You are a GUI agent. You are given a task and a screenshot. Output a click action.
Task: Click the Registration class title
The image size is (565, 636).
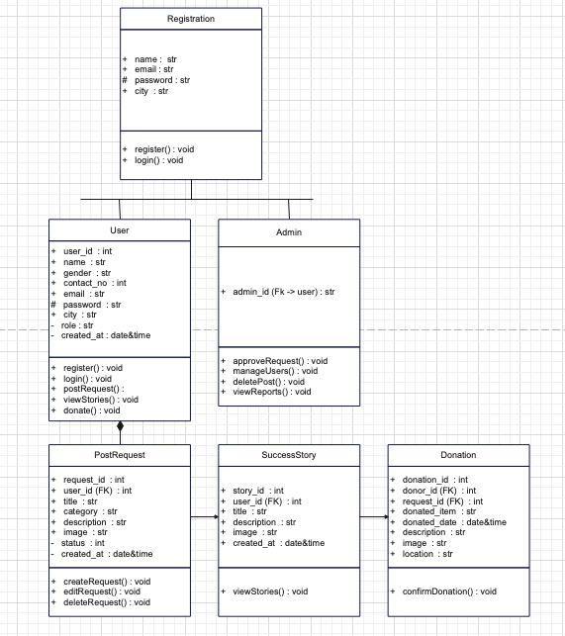pyautogui.click(x=191, y=19)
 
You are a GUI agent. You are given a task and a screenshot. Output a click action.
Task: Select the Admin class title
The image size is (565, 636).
pyautogui.click(x=288, y=232)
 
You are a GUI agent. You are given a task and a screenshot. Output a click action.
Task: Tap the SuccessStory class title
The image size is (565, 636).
pyautogui.click(x=288, y=455)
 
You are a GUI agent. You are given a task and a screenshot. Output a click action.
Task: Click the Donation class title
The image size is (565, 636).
pyautogui.click(x=458, y=455)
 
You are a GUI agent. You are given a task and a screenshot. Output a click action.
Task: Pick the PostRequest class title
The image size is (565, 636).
pyautogui.click(x=120, y=455)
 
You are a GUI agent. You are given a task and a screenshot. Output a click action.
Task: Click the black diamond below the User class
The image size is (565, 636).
pyautogui.click(x=120, y=427)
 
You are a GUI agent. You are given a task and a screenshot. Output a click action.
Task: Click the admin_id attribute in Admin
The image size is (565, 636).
pyautogui.click(x=282, y=292)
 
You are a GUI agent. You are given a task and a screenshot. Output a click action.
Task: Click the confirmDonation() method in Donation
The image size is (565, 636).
pyautogui.click(x=449, y=591)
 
